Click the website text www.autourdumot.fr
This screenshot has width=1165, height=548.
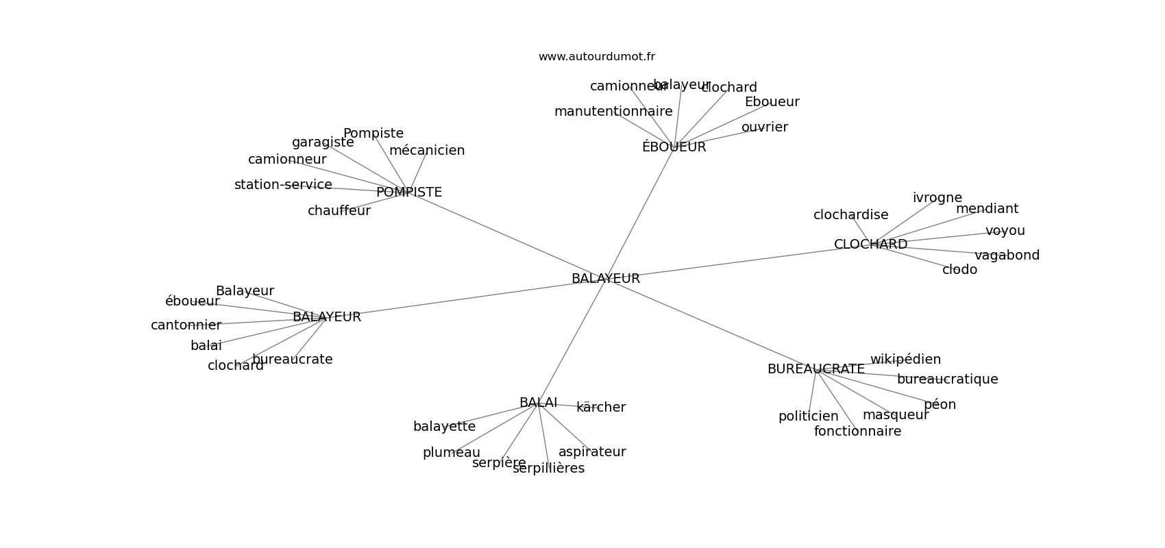(596, 57)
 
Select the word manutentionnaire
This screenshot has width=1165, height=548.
(613, 112)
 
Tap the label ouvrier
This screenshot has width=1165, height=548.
(765, 127)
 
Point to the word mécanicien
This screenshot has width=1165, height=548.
(427, 151)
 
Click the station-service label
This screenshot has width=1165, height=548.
(283, 185)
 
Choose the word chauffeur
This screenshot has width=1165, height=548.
(339, 211)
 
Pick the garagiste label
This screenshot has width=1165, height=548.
(323, 142)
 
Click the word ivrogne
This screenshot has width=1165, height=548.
(937, 198)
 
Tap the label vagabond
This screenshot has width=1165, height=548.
(1007, 256)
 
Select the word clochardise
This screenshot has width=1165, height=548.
(850, 215)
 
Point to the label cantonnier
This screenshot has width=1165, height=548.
(186, 325)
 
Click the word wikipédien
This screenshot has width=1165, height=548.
(905, 360)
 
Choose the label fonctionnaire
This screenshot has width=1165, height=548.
(857, 432)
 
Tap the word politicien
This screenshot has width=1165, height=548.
(808, 416)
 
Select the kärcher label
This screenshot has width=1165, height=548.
(601, 408)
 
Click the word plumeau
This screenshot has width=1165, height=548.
(452, 453)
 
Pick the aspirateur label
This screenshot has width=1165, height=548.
(592, 452)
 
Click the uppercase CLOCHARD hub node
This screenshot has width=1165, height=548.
(870, 245)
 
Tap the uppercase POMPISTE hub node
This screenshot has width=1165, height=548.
(409, 192)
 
